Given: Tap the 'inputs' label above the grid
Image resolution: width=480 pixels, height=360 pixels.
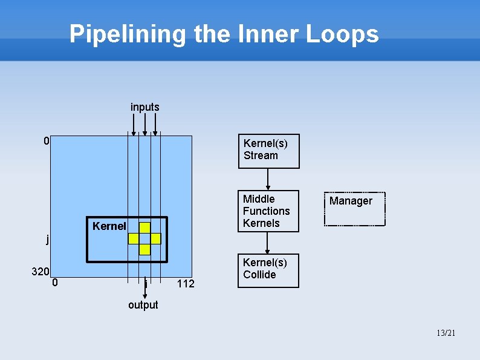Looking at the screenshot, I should [x=145, y=107].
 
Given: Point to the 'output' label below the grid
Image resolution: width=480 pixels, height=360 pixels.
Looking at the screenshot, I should [x=143, y=305].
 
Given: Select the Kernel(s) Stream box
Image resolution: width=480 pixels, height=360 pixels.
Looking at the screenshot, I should [x=268, y=151].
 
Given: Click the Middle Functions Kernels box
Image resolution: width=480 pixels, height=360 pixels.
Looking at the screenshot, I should [x=268, y=211].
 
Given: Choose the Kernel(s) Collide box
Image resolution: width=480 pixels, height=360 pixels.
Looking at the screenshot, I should [x=268, y=270].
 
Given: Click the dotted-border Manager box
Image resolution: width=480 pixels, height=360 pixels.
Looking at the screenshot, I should [x=355, y=208].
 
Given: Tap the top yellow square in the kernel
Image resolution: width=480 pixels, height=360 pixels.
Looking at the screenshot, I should [x=144, y=227].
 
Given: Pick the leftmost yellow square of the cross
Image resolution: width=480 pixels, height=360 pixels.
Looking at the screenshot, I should [x=134, y=238].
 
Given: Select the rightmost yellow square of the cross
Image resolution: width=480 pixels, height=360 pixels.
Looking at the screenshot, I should [x=155, y=238].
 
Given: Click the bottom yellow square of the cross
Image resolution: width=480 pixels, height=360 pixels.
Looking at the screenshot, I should [x=144, y=249].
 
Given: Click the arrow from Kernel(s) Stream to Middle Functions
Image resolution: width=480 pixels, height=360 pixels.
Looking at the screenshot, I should [x=268, y=179].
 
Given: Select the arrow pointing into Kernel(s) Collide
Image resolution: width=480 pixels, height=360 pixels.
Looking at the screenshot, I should [x=268, y=243].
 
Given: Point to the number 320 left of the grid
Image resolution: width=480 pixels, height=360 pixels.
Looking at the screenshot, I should [x=40, y=272].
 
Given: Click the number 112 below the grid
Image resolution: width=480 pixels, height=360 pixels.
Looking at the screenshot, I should [x=186, y=283].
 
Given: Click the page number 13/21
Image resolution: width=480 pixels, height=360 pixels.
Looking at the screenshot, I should [x=445, y=333].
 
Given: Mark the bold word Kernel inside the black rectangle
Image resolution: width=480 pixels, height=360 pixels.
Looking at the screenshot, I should [x=109, y=226].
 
